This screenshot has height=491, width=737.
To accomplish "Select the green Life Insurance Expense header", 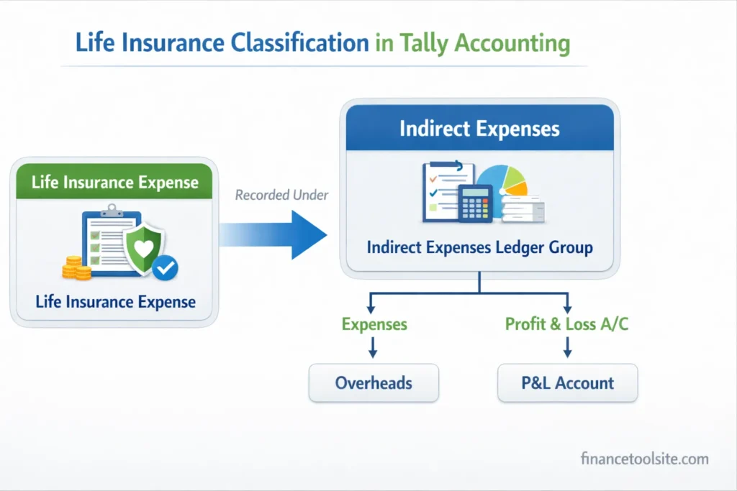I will tap(115, 182).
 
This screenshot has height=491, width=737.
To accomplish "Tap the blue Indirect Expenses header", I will tap(479, 129).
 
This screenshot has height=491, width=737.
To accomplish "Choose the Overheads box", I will tap(374, 382).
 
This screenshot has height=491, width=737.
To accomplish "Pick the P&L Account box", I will tap(568, 382).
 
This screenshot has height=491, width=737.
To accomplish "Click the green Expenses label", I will tap(374, 324).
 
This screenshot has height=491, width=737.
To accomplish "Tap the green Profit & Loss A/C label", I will tap(566, 324).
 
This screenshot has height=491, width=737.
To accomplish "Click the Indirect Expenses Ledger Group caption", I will tap(479, 248).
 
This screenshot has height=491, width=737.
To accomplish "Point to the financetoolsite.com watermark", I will tap(644, 459).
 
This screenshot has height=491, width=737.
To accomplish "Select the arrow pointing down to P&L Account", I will tap(567, 349).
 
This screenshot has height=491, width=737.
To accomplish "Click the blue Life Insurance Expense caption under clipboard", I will tap(115, 301).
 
